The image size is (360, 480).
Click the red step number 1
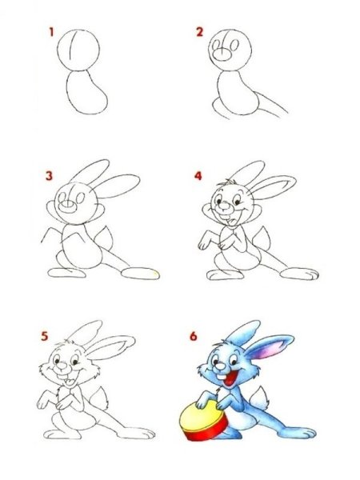[x=51, y=32]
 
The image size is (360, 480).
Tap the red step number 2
[x=199, y=32]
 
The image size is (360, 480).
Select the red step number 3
[x=49, y=176]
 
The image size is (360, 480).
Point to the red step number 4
[x=198, y=176]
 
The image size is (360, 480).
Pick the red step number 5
[x=45, y=336]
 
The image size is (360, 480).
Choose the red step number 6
[x=193, y=336]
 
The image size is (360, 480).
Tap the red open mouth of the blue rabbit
[x=230, y=378]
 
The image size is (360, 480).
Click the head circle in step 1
[x=78, y=50]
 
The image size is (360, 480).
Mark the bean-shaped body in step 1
[x=86, y=93]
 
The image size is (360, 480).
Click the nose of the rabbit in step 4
[x=226, y=206]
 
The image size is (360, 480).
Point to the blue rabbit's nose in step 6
[x=220, y=366]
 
